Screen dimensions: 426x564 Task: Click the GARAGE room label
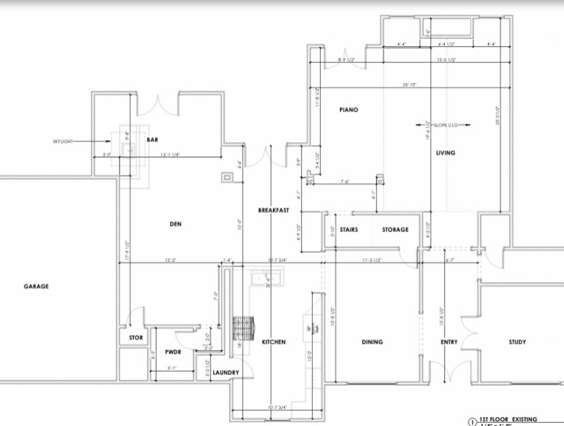pyautogui.click(x=36, y=286)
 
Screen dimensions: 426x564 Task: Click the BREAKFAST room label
pyautogui.click(x=274, y=210)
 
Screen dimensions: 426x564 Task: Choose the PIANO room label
pyautogui.click(x=349, y=110)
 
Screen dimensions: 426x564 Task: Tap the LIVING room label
pyautogui.click(x=445, y=153)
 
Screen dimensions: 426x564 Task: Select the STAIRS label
pyautogui.click(x=349, y=230)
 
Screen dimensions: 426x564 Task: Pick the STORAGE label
pyautogui.click(x=394, y=230)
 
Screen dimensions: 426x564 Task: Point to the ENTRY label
pyautogui.click(x=449, y=342)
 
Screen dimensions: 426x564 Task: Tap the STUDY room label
pyautogui.click(x=518, y=342)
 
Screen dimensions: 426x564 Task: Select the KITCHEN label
pyautogui.click(x=274, y=342)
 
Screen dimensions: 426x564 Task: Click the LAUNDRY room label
pyautogui.click(x=224, y=373)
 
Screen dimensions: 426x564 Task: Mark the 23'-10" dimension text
pyautogui.click(x=409, y=85)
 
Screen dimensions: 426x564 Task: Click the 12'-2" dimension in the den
pyautogui.click(x=171, y=260)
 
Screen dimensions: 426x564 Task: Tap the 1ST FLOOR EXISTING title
pyautogui.click(x=508, y=420)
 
